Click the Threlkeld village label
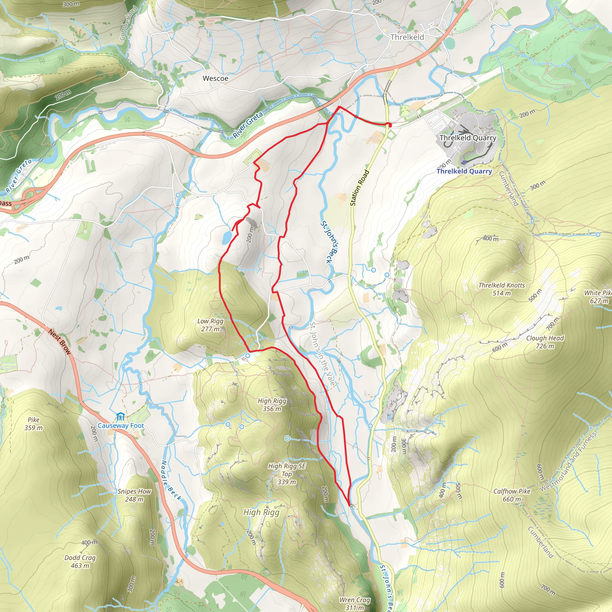point(407,37)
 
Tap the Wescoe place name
point(215,78)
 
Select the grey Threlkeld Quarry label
point(468,138)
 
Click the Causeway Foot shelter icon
point(120,416)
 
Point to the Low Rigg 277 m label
point(210,325)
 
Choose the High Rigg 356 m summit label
point(272,405)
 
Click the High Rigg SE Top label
point(287,474)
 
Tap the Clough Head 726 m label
point(545,342)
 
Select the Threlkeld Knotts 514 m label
point(501,289)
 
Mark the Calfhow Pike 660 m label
point(512,495)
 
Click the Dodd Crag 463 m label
point(80,561)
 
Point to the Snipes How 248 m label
point(134,495)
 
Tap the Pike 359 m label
point(33,423)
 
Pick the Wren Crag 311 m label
point(354,603)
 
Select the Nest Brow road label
point(59,342)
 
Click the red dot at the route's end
point(390,126)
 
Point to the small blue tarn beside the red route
point(227,237)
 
